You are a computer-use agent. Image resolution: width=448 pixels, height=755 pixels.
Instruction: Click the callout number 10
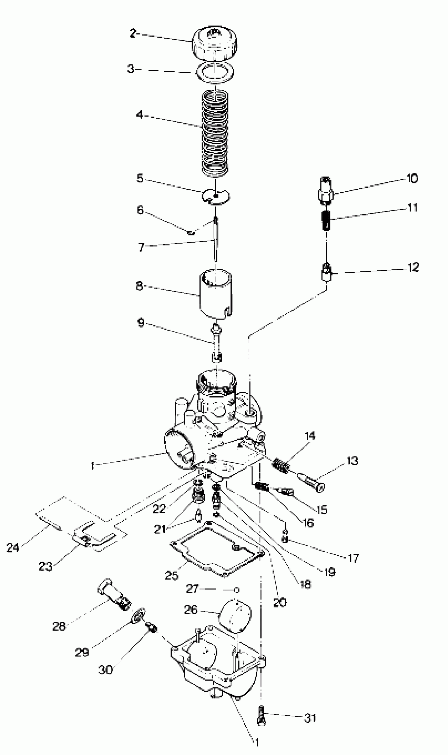(x=412, y=178)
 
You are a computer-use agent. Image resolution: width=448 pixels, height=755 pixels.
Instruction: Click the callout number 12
(x=413, y=267)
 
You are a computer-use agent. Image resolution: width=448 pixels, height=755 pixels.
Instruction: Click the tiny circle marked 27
(x=237, y=590)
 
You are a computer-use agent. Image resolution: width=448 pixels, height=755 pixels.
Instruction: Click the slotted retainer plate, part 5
(x=216, y=196)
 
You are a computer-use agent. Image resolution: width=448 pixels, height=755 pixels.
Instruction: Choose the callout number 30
(x=105, y=670)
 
